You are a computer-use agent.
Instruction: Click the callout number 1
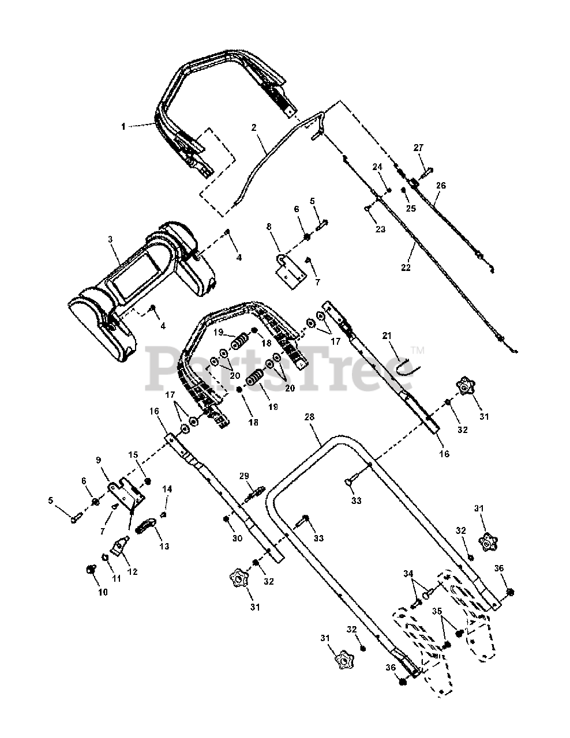tap(123, 126)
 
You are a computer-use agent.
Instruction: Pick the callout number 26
tap(441, 186)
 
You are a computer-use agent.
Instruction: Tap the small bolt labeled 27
tap(427, 171)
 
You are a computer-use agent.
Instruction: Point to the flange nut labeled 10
tap(89, 569)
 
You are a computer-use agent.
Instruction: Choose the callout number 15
tap(134, 455)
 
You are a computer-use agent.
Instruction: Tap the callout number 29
tap(245, 476)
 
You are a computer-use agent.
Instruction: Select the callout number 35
tap(437, 611)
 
